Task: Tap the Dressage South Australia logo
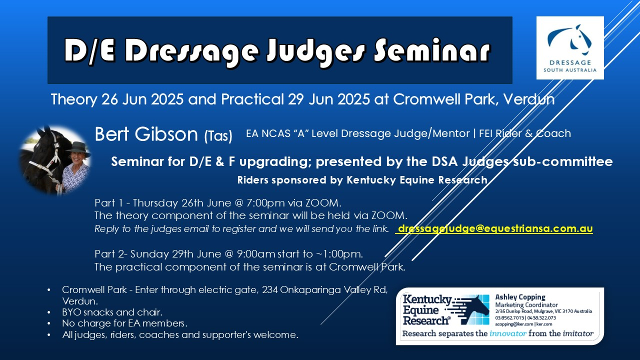point(570,47)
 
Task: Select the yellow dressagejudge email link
point(494,228)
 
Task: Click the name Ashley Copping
point(520,297)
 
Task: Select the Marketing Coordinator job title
point(526,305)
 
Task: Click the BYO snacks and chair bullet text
point(112,312)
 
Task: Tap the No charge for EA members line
point(124,323)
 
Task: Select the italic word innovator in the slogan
point(508,333)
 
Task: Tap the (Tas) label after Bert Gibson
point(218,135)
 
